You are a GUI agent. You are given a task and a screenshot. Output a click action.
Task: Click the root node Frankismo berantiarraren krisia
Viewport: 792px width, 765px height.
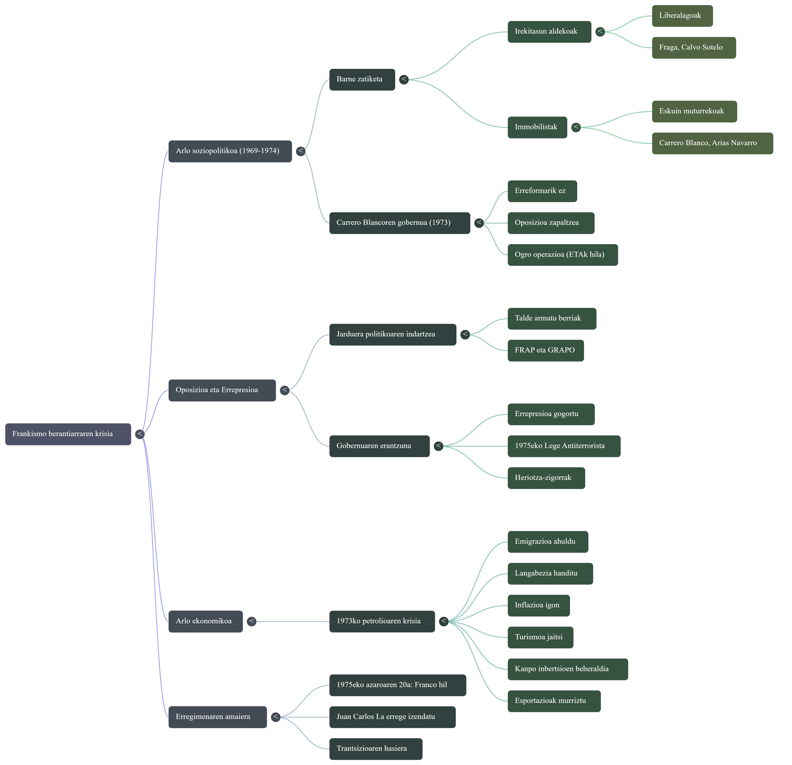click(x=68, y=434)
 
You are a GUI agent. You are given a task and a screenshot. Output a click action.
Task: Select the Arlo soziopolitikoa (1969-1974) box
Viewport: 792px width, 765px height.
click(x=230, y=151)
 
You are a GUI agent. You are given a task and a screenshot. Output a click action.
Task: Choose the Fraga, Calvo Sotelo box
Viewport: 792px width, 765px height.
click(x=693, y=48)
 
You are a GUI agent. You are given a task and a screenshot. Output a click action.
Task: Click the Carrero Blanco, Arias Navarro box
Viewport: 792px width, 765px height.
click(x=712, y=143)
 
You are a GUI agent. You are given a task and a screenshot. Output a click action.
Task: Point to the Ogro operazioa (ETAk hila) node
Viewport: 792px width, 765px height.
click(x=563, y=255)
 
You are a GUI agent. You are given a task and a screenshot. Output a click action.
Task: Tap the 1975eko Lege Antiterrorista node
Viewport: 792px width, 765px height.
click(x=564, y=446)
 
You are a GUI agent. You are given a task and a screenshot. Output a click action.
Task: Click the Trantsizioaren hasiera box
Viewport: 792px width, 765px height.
click(x=375, y=749)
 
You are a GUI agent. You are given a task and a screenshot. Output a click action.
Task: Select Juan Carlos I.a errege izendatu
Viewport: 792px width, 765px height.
click(x=392, y=717)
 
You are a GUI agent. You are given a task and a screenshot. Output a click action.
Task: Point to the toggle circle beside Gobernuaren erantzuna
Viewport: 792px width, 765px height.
click(x=438, y=446)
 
